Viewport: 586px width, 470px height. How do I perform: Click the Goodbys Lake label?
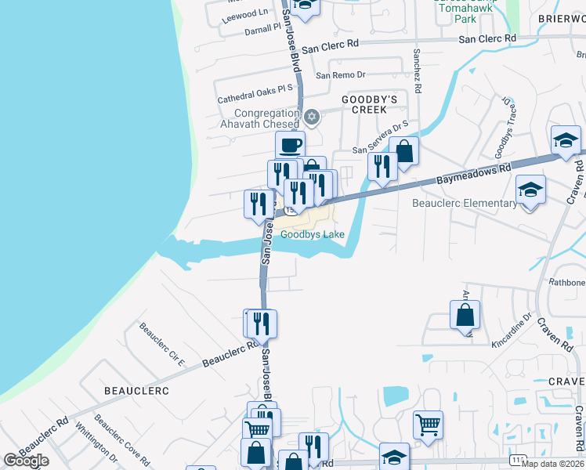coord(313,234)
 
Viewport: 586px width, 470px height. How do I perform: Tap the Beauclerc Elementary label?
coord(465,204)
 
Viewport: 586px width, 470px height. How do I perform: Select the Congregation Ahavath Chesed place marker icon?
coord(312,117)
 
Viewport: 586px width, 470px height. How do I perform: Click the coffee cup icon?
coord(290,144)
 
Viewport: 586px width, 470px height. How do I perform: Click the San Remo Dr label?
coord(341,75)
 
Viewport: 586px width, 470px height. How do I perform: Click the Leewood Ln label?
coord(245,15)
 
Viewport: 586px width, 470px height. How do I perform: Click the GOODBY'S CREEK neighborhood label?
coord(370,105)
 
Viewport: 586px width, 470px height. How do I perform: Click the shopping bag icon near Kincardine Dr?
coord(465,315)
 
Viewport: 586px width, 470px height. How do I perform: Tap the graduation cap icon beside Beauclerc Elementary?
coord(530,190)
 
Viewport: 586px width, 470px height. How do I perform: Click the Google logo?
coord(26,461)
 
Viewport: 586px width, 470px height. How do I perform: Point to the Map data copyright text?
coord(552,463)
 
